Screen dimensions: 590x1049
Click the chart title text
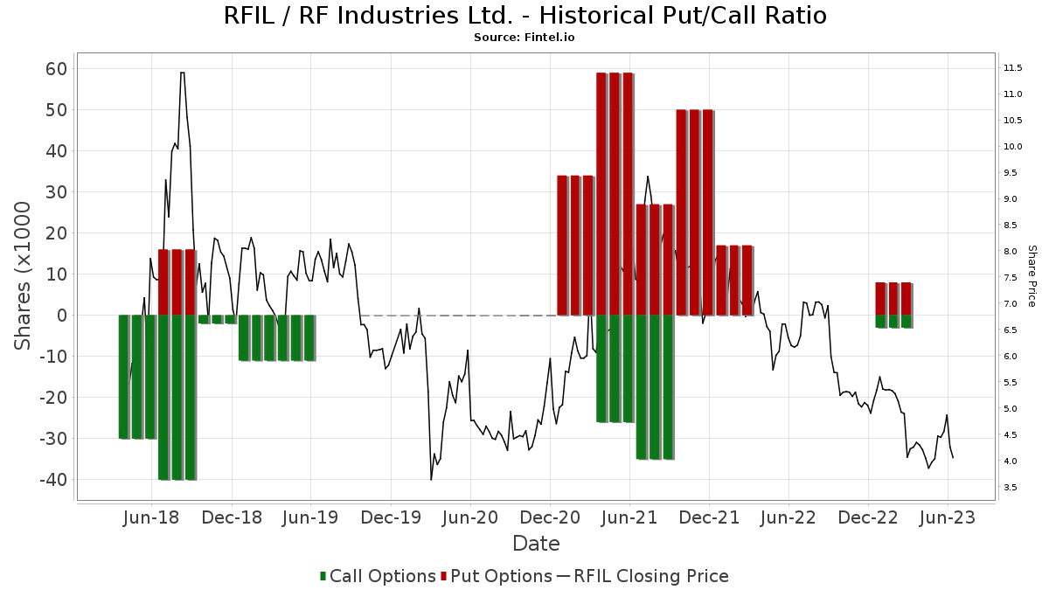[524, 16]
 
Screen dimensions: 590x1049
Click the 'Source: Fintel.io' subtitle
[524, 38]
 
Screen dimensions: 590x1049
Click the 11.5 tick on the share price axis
[1013, 68]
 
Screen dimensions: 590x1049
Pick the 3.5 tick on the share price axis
[1011, 487]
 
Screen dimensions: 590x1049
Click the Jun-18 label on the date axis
[152, 517]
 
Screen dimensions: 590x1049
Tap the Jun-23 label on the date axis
[948, 517]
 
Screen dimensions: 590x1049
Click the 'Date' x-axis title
[536, 544]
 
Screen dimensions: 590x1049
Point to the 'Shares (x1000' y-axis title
[23, 275]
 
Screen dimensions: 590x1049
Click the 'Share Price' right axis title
[1032, 275]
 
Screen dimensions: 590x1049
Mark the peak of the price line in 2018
[182, 73]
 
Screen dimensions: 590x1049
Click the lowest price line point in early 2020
[431, 479]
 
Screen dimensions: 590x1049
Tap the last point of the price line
[953, 457]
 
